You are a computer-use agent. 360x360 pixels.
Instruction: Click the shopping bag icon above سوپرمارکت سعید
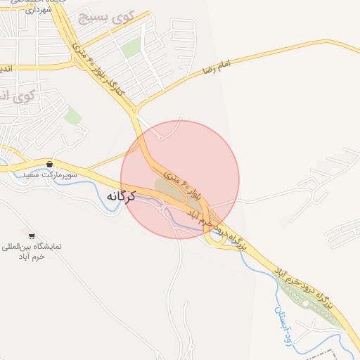[x=49, y=163]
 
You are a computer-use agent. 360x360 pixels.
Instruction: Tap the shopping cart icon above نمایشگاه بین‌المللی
[x=31, y=235]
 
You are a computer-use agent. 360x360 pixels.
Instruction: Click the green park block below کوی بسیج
[x=130, y=49]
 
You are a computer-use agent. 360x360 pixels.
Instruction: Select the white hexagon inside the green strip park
[x=306, y=304]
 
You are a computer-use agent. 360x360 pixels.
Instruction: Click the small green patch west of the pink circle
[x=72, y=115]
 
